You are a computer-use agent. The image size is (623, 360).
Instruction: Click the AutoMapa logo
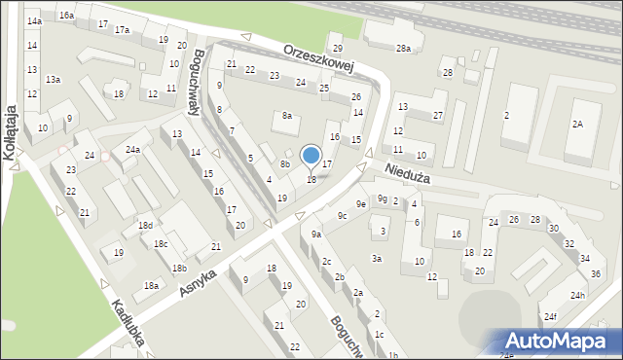pos(561,341)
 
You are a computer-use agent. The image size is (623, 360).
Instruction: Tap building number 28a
pos(403,48)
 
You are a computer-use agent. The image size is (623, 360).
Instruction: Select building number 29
pos(338,49)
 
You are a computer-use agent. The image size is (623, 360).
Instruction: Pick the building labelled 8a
pos(287,116)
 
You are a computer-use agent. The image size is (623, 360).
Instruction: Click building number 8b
pos(285,164)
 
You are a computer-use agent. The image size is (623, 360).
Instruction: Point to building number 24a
pos(132,150)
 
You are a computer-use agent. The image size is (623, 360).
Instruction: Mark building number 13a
pos(53,80)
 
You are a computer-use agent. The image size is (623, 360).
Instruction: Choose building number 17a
pos(122,30)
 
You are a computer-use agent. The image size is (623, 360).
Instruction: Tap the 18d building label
pos(145,226)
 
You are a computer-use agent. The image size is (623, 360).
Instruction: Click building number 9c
pos(342,215)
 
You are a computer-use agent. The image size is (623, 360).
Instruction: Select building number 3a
pos(376,259)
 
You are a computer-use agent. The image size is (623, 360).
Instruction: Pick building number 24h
pos(578,295)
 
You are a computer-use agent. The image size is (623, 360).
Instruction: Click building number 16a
pos(66,16)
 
